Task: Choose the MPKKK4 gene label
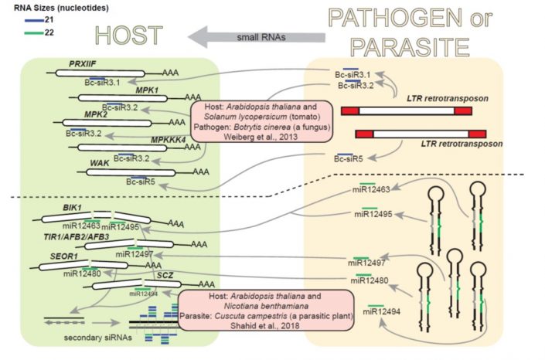[x=169, y=140]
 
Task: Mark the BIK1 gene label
[x=73, y=209]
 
